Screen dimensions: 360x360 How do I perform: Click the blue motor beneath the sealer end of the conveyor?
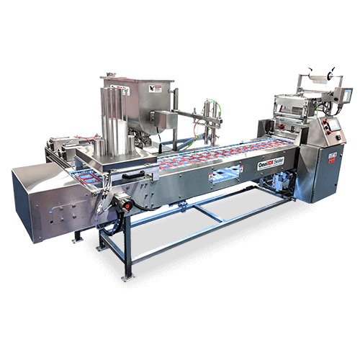[278, 184]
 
